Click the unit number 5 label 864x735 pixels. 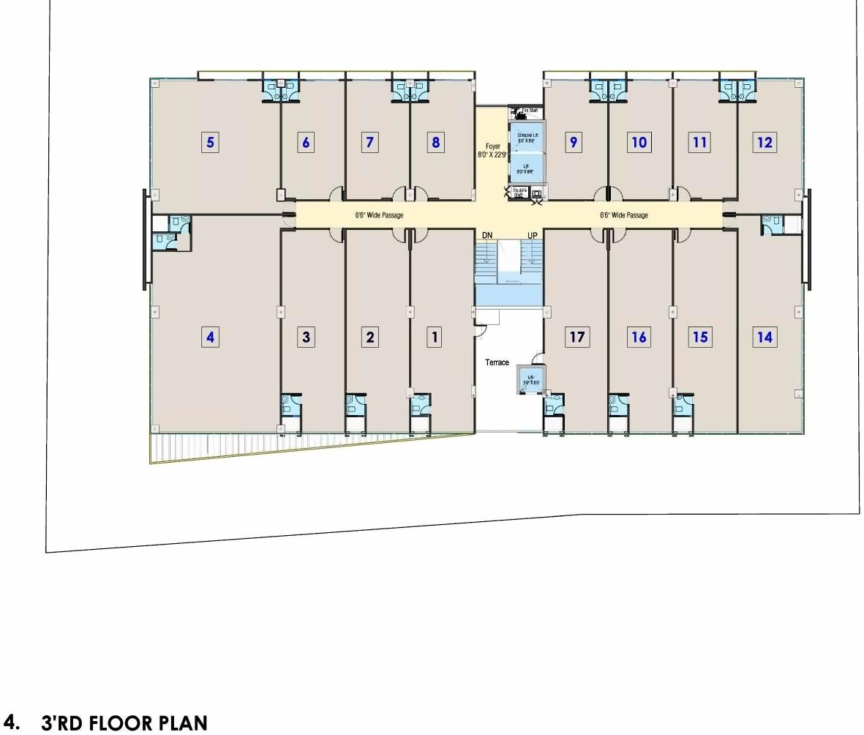[x=211, y=142]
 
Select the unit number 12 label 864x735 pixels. [x=765, y=142]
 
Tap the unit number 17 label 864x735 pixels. [x=577, y=337]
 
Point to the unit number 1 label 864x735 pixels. [x=435, y=337]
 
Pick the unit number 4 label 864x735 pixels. [x=211, y=337]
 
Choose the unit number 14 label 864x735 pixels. [x=765, y=337]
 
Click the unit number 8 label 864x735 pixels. [x=435, y=142]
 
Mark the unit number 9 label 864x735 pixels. [x=574, y=142]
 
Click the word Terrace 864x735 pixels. [x=497, y=363]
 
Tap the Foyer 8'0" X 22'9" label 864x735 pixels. [x=492, y=151]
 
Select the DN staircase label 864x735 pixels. [x=487, y=235]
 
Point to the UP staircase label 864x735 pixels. [x=533, y=235]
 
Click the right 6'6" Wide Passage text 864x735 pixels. [x=623, y=215]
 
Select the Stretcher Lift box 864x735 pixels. [x=527, y=138]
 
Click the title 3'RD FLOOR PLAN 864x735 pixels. [x=124, y=723]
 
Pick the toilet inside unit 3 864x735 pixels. [x=290, y=403]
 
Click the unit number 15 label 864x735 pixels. [x=700, y=337]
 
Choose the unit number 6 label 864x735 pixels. [x=306, y=142]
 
